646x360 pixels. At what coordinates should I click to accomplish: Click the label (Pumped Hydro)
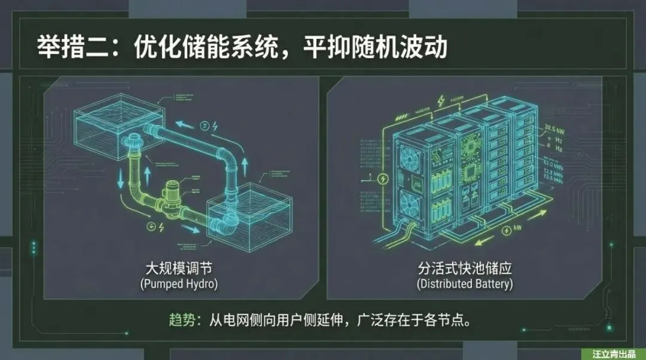[x=179, y=283]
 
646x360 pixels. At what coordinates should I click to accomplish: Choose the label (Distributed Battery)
[x=465, y=283]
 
